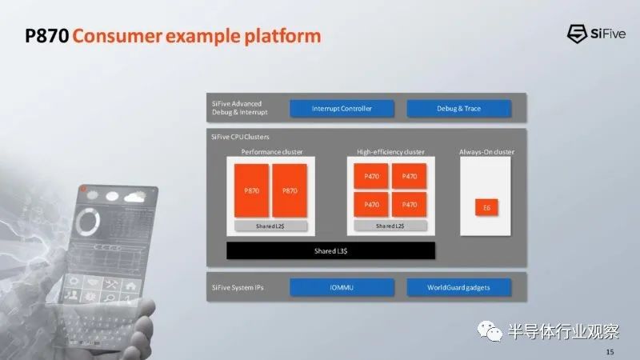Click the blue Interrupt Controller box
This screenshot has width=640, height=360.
tap(342, 109)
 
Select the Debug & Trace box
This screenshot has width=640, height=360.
tap(458, 109)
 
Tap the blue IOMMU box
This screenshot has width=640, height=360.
tap(342, 287)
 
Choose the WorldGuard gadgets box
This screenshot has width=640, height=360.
tap(458, 287)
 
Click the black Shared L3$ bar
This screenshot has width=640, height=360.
tap(330, 250)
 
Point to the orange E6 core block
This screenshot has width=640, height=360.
tap(486, 208)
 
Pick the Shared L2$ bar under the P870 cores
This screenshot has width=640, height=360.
tap(270, 226)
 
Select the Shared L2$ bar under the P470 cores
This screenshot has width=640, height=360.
tap(390, 226)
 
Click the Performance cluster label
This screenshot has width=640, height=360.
tap(272, 152)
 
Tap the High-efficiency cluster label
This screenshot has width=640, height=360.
tap(390, 152)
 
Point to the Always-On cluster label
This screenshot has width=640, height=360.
tap(486, 152)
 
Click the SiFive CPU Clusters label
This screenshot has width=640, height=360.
tap(240, 137)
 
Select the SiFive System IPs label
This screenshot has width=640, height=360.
tap(238, 287)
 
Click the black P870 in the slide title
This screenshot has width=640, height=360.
tap(47, 36)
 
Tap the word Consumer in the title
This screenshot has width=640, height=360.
tap(117, 36)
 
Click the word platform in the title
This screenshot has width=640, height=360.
tap(282, 36)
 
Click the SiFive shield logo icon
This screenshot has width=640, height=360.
tap(577, 34)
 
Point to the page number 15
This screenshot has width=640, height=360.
tap(610, 351)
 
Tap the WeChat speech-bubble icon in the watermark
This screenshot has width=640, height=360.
tap(490, 330)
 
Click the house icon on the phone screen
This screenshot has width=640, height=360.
tap(130, 286)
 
